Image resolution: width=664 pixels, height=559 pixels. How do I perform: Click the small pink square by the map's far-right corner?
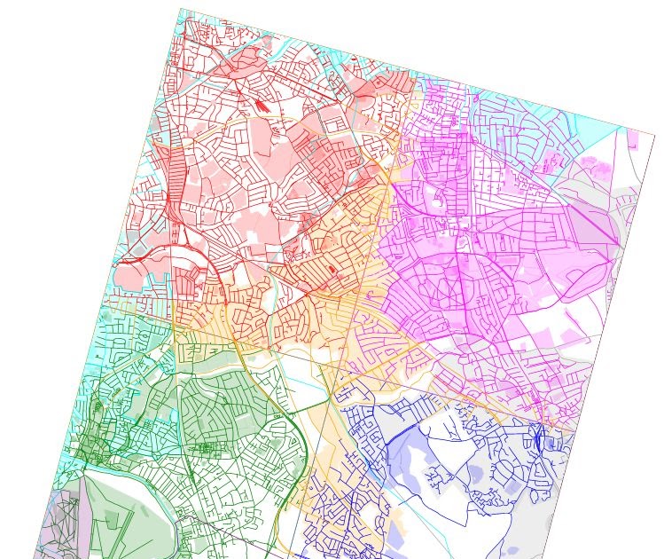(x=633, y=138)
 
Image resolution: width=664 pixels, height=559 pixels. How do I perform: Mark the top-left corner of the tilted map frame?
(x=180, y=9)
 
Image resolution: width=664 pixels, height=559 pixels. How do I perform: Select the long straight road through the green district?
(x=183, y=444)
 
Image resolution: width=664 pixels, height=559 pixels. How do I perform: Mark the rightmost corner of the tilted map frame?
(x=654, y=136)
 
